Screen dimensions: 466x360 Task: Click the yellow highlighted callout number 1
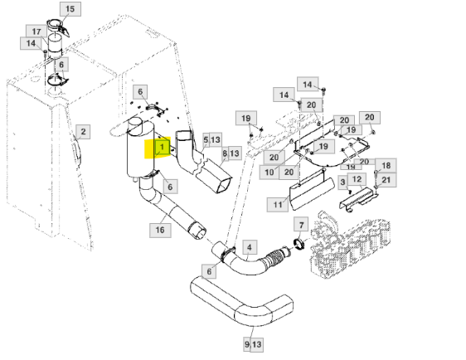coord(163,148)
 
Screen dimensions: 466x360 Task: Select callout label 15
coord(70,9)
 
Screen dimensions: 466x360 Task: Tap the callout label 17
coord(36,32)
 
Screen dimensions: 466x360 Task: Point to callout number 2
coord(83,132)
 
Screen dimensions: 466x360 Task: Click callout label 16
coord(160,230)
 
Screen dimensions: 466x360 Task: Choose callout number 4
coord(250,247)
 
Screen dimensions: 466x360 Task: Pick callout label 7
coord(301,225)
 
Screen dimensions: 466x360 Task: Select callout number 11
coord(278,205)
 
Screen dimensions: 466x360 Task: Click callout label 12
coord(357,179)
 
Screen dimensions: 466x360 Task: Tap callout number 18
coord(386,166)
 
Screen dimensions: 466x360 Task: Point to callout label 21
coord(386,180)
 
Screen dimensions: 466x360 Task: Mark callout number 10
coord(269,173)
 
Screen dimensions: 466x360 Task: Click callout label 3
coord(343,182)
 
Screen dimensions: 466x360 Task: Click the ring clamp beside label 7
coord(299,243)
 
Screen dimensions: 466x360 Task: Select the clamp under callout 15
coord(58,27)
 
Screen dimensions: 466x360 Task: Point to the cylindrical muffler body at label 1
coord(139,148)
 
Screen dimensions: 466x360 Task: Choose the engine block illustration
coord(350,245)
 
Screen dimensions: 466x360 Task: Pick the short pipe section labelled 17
coord(55,46)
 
